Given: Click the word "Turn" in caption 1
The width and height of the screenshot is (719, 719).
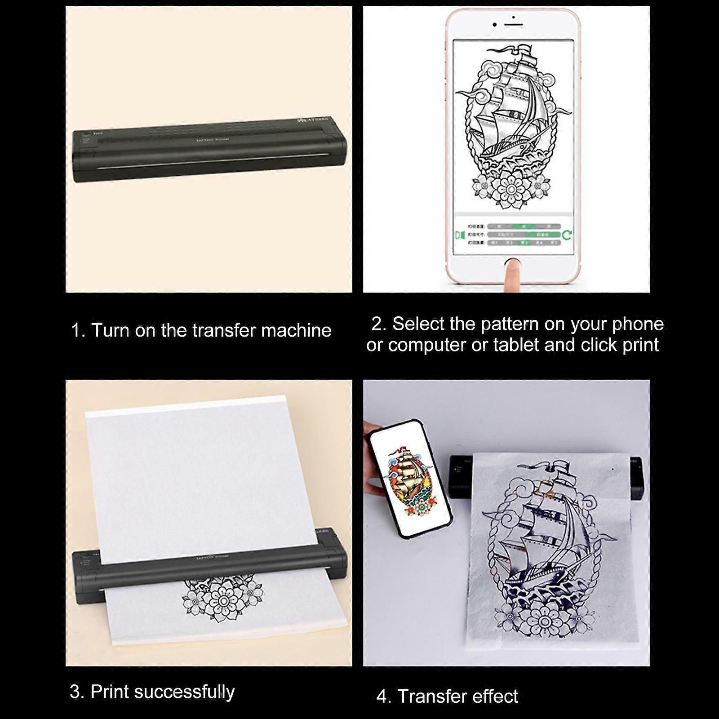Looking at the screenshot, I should tap(110, 331).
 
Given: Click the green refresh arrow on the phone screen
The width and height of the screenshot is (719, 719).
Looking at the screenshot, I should tap(567, 235).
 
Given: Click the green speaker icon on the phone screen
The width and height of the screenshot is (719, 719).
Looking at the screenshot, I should tap(459, 235).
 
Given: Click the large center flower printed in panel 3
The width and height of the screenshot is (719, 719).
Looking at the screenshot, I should tap(223, 601).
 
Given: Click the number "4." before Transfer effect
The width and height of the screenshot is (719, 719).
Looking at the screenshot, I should tap(384, 697).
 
